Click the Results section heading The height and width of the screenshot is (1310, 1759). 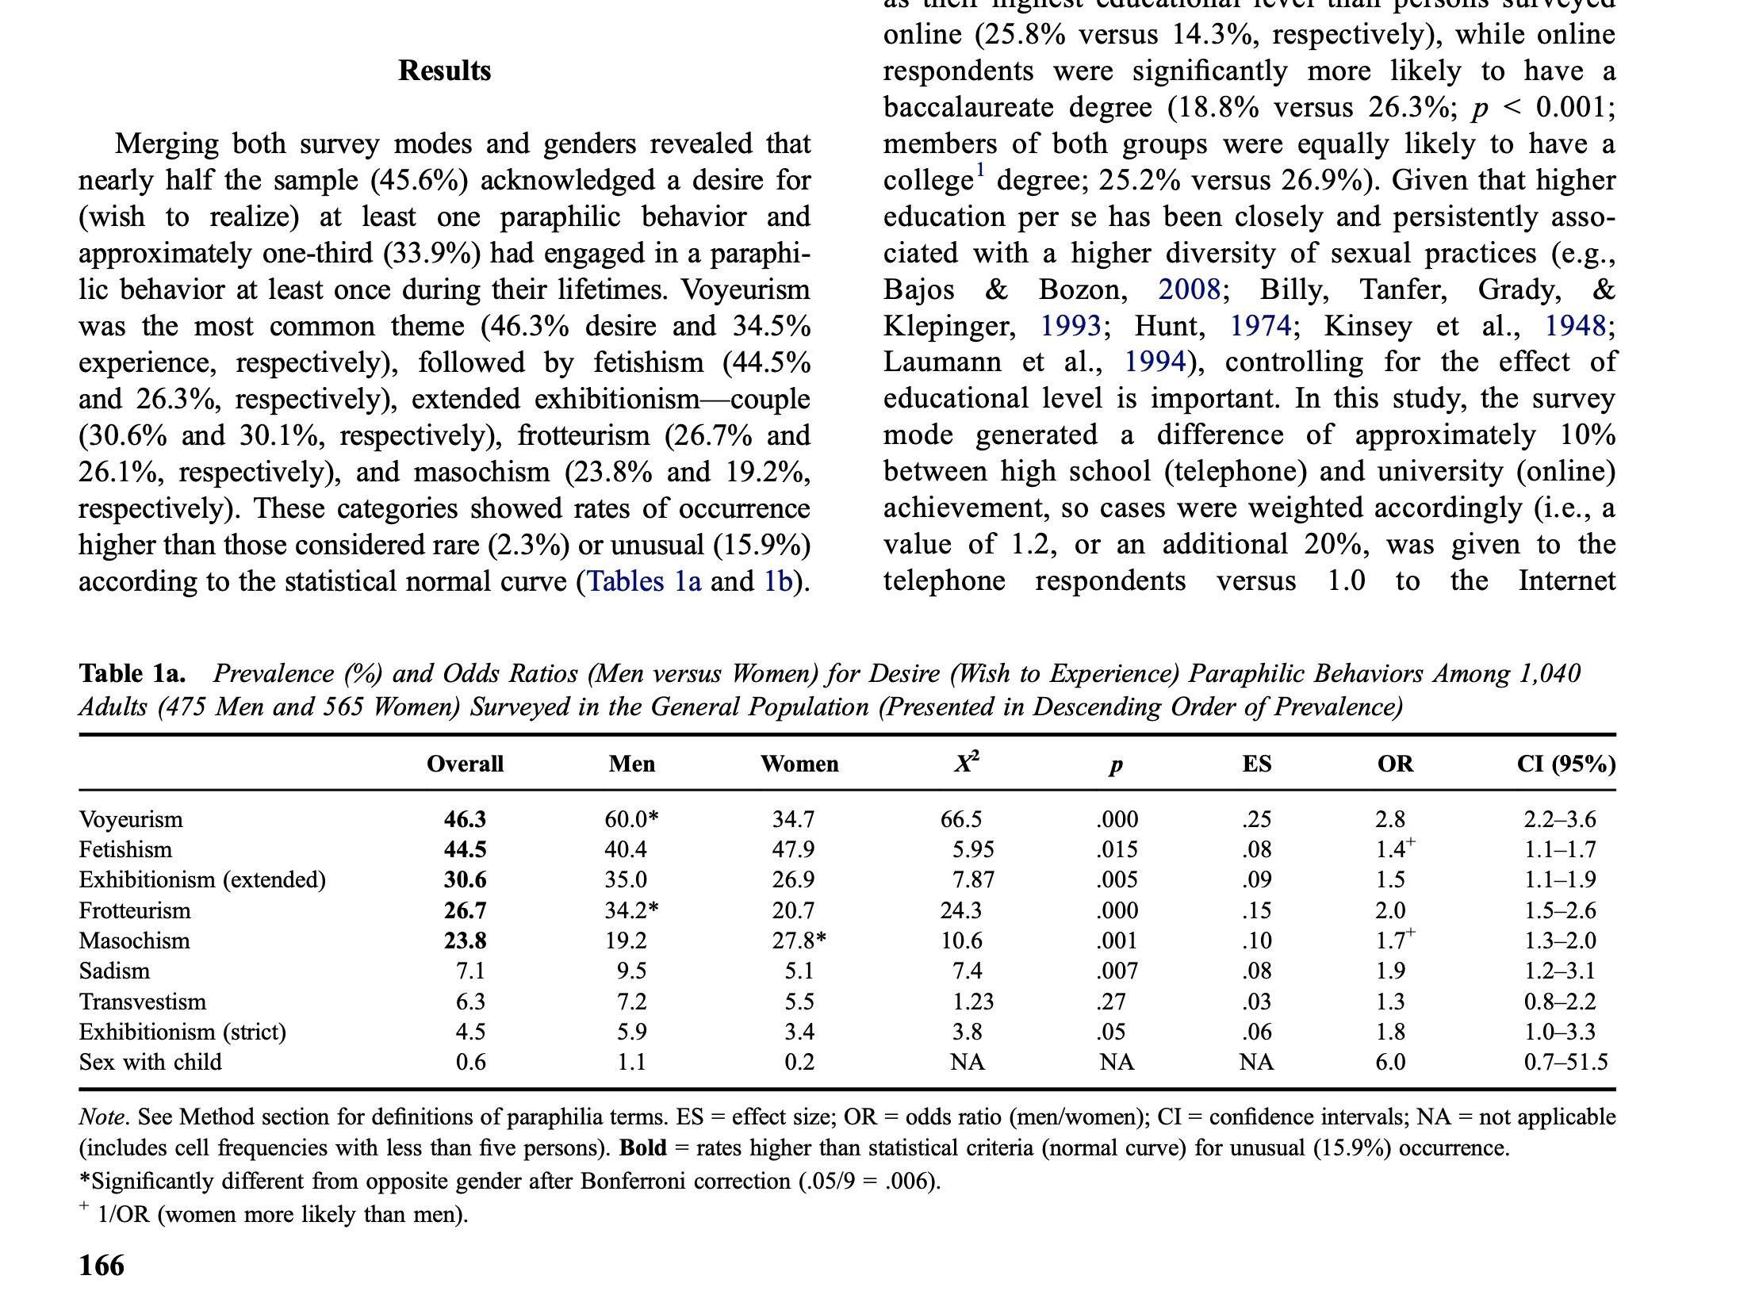(444, 71)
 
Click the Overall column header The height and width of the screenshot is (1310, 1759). (465, 764)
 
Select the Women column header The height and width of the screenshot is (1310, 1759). (799, 764)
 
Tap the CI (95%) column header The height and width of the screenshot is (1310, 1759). (1565, 764)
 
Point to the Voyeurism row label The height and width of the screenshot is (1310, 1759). (131, 819)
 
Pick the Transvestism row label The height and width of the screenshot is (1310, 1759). (143, 1002)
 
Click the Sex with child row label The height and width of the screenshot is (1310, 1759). (150, 1062)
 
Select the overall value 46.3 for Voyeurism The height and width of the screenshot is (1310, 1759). (465, 819)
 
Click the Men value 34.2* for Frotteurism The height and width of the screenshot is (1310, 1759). (631, 910)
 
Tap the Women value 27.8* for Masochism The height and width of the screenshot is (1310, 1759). (799, 940)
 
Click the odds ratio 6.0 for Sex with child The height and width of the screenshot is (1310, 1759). (1390, 1062)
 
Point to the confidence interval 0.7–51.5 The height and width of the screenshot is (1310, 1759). (1565, 1062)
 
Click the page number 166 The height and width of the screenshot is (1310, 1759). (102, 1266)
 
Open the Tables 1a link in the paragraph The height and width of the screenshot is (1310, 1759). (643, 582)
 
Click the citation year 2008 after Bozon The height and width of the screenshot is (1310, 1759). (1189, 289)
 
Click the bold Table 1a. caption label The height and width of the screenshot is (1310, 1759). (132, 673)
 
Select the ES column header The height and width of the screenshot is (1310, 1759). (1256, 764)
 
